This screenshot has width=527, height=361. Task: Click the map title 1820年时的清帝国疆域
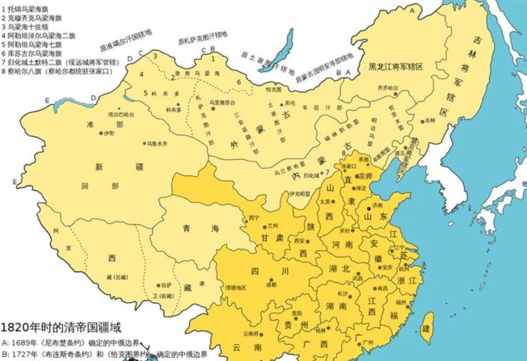coord(61,328)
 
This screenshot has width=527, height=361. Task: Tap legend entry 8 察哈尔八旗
coord(57,71)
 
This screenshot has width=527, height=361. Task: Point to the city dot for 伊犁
coord(101,133)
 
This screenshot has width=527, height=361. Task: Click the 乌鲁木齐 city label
coord(157,144)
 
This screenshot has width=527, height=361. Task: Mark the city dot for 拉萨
coord(158,285)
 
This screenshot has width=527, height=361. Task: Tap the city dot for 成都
coord(272,280)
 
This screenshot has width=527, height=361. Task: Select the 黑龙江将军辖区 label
coord(396,67)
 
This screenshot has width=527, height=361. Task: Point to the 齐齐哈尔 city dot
coord(395,94)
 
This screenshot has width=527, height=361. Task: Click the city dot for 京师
coord(357,176)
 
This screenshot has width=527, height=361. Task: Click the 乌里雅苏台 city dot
coord(213,108)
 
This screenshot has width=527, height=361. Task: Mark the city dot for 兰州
coord(264,226)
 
